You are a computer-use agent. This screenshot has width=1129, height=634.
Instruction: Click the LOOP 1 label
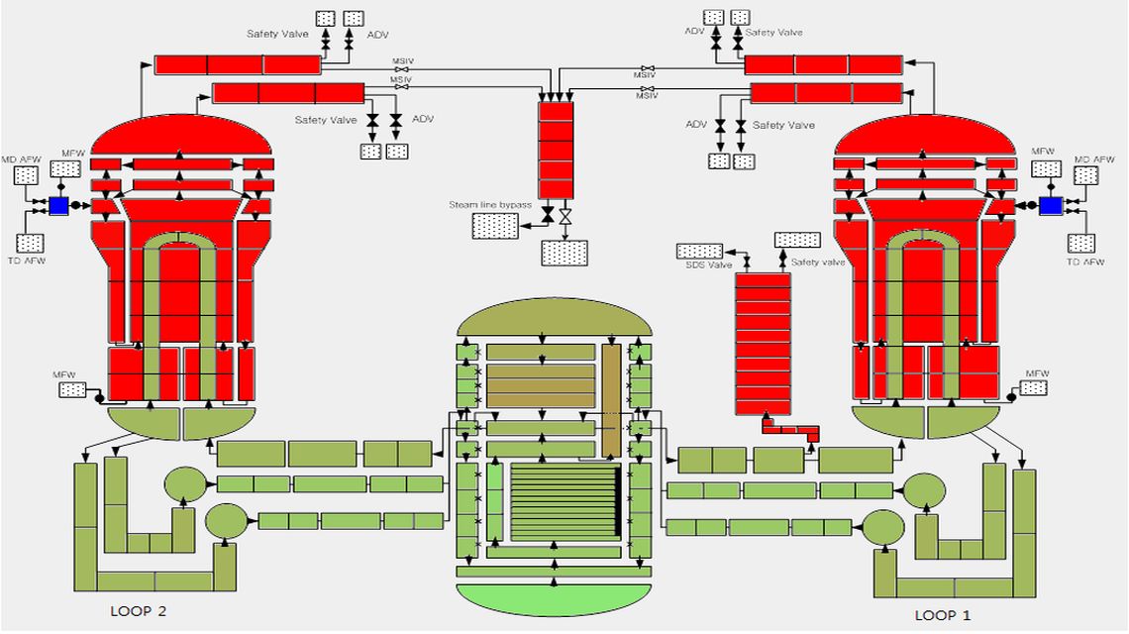936,615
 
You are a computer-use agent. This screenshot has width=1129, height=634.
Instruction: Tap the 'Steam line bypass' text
490,205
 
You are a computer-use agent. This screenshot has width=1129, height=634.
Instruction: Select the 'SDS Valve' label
709,264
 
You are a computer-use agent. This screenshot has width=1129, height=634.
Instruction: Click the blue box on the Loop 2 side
57,205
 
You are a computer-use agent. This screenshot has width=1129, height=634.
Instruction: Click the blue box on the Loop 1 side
1051,205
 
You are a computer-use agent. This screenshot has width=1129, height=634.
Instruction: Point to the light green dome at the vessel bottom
554,598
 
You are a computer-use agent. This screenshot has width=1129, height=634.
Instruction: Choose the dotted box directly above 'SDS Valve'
700,251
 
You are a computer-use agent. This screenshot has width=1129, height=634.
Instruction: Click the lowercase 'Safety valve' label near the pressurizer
818,263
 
